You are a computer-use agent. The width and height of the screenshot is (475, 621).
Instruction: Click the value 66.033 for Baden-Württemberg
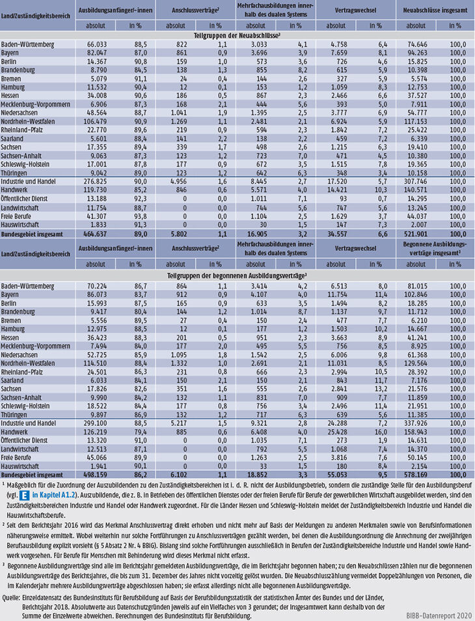pos(96,44)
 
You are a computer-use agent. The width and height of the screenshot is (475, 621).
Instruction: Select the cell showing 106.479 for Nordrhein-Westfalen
pos(94,122)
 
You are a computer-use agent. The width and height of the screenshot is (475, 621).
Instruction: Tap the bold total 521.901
pos(416,234)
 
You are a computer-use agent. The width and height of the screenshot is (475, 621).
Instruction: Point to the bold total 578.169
pos(416,475)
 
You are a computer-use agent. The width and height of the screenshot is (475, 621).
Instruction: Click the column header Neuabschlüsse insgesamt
pos(435,10)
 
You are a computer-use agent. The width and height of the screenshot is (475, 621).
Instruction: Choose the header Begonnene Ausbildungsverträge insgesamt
pos(435,248)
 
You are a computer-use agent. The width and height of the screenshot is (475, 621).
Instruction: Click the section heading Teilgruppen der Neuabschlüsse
pos(238,36)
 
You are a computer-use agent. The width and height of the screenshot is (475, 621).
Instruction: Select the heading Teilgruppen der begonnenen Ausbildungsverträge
pos(238,275)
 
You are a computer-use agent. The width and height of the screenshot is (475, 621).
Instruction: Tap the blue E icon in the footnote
pos(24,495)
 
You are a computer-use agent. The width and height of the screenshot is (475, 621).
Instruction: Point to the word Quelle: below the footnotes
pos(11,597)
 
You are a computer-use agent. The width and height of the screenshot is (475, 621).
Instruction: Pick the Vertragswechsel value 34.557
pos(336,234)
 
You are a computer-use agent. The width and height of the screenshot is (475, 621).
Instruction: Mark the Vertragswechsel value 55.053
pos(336,475)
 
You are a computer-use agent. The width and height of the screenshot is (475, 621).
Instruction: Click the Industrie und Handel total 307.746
pos(416,181)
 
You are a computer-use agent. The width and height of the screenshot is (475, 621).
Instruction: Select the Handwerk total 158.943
pos(416,432)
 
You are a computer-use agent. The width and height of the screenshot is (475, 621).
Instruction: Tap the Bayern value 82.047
pos(96,53)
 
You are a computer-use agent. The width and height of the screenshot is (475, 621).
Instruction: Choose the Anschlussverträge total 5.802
pos(179,234)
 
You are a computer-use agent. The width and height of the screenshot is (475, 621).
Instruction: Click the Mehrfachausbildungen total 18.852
pos(258,475)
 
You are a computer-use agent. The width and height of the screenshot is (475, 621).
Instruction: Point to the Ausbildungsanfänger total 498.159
pos(94,475)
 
